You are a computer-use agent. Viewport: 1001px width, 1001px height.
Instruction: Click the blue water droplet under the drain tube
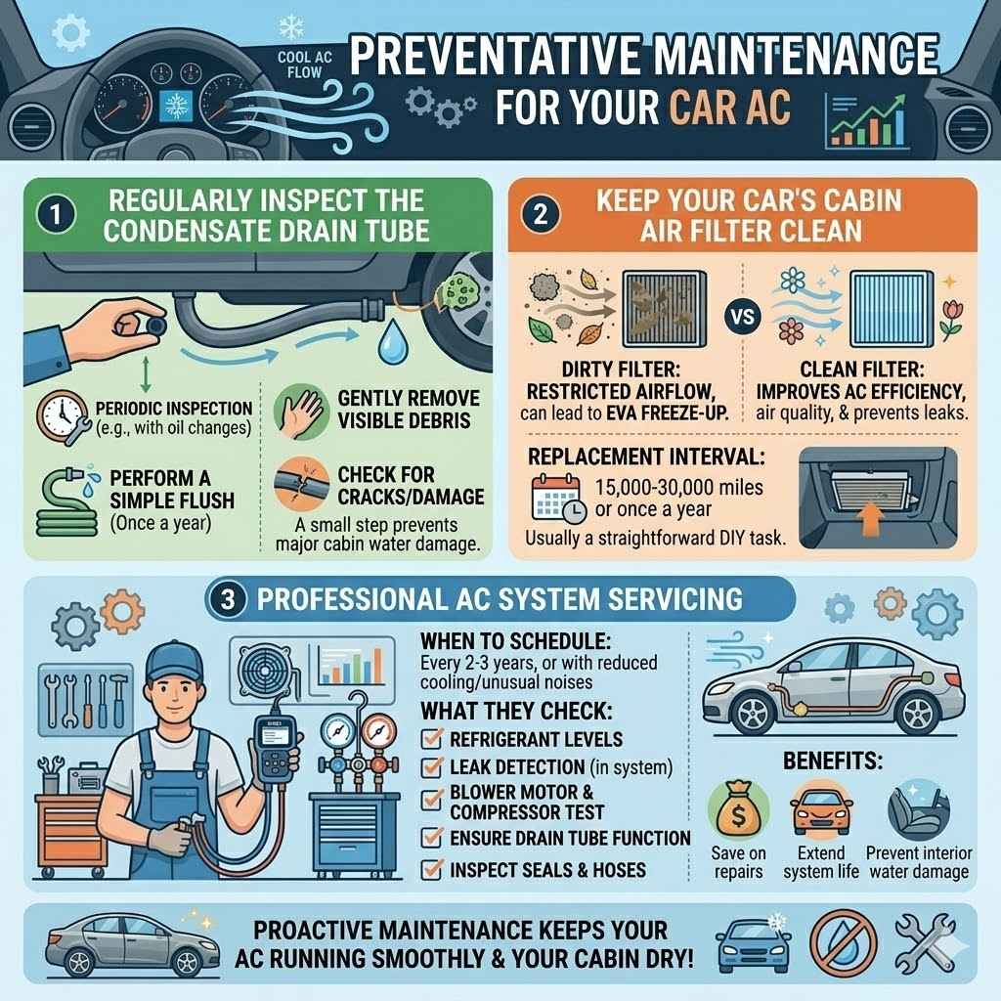[393, 341]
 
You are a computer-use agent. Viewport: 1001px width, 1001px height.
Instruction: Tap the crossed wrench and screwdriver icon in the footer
[925, 940]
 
